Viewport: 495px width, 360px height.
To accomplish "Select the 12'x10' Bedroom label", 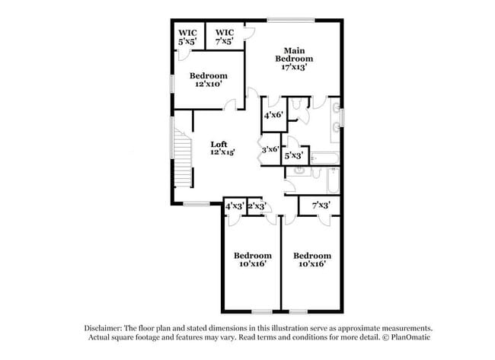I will (x=209, y=80).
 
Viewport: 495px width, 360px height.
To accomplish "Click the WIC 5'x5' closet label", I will (x=187, y=37).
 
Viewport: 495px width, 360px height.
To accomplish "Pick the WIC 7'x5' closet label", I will (x=225, y=37).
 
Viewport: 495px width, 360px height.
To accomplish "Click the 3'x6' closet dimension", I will (x=270, y=149).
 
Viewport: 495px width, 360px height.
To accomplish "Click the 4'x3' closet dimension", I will (x=235, y=206).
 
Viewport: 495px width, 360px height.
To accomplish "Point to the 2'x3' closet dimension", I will (x=257, y=206).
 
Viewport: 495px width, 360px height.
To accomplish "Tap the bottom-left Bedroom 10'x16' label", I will (x=252, y=260).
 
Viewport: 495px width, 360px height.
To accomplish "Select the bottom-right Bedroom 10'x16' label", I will (x=312, y=260).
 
